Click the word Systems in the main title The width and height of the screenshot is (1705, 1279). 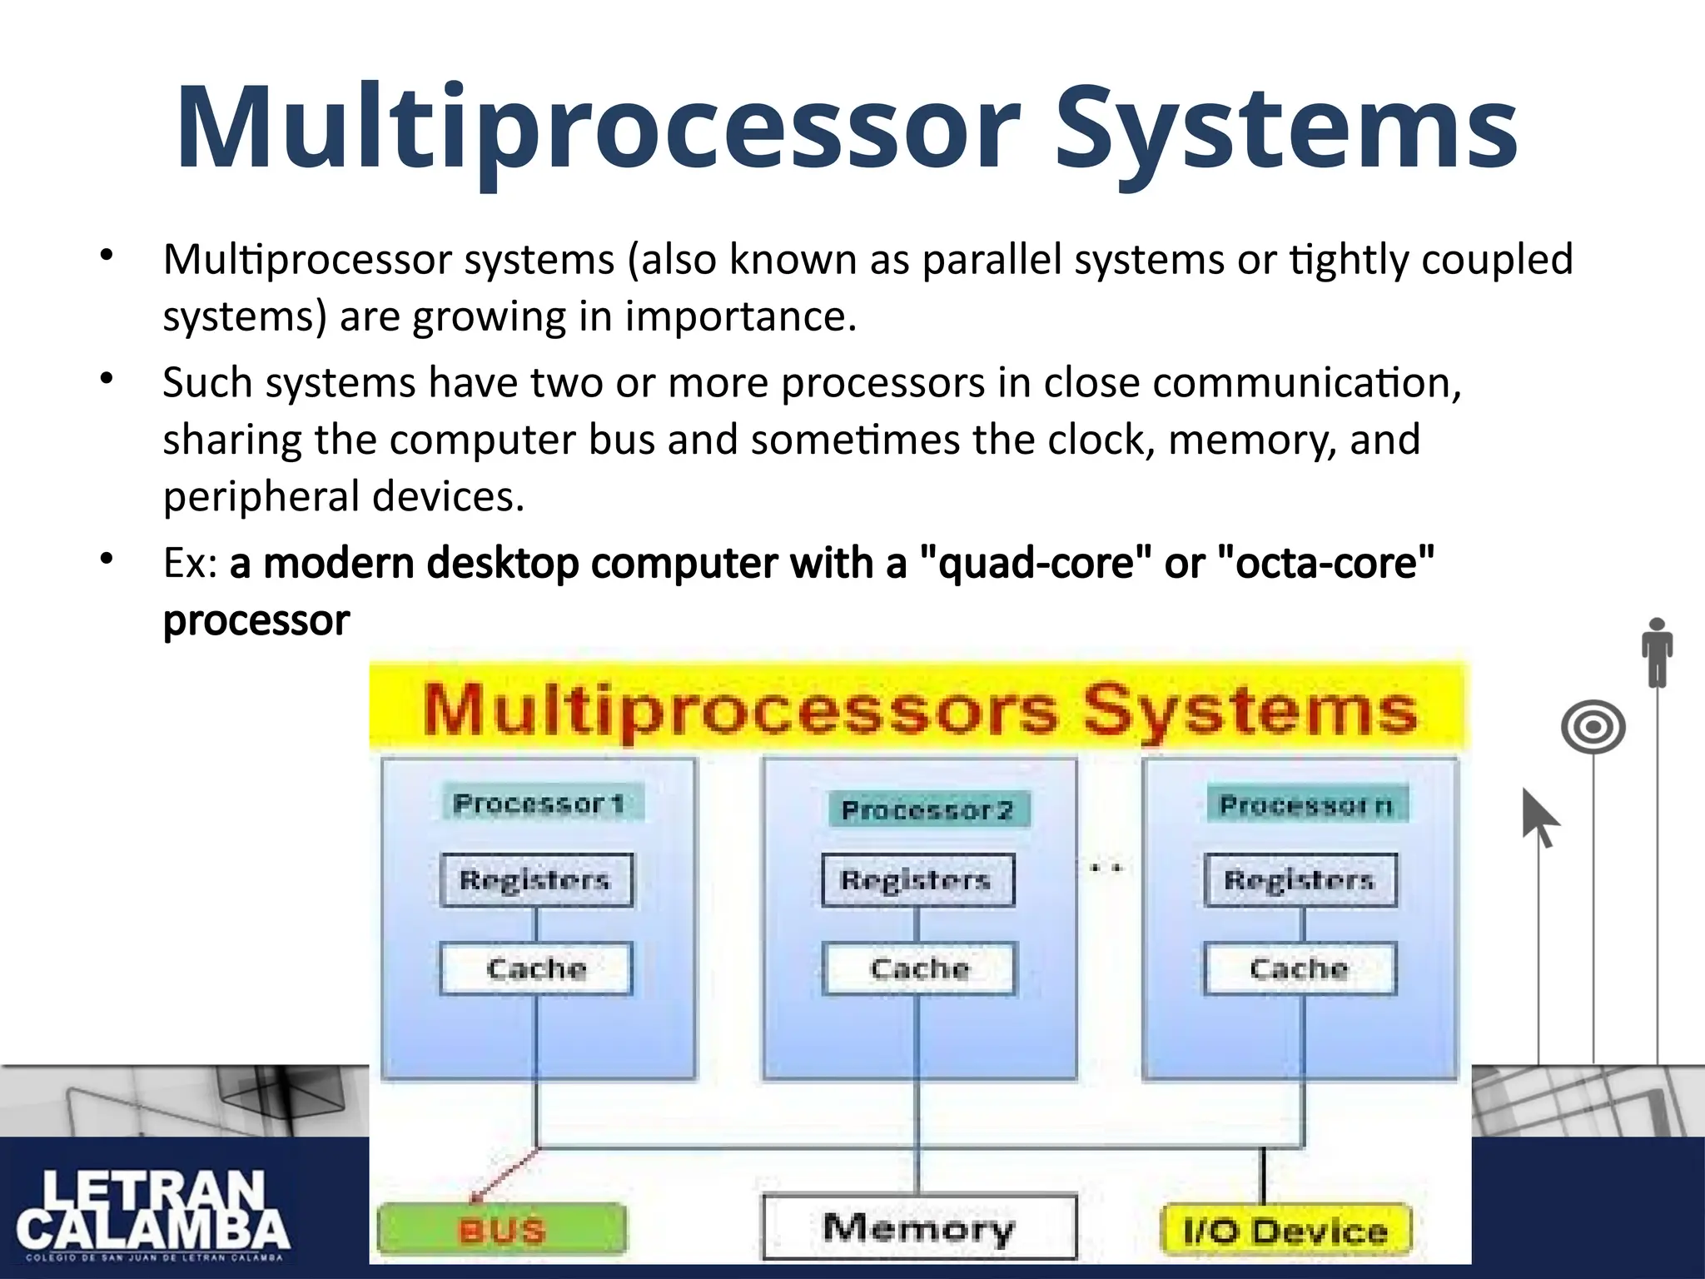click(x=1286, y=129)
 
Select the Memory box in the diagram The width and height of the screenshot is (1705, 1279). click(x=919, y=1227)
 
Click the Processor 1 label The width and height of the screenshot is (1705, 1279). click(x=539, y=804)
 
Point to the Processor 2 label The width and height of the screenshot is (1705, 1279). click(x=927, y=809)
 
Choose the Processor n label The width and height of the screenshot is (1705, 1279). click(x=1306, y=805)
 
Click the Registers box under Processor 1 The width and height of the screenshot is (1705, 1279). click(x=536, y=880)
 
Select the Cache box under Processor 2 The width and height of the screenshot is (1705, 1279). click(x=919, y=968)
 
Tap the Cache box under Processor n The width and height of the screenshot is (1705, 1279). click(x=1300, y=968)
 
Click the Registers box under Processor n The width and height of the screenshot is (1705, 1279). click(x=1300, y=880)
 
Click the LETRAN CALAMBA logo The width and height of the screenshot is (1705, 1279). click(x=153, y=1212)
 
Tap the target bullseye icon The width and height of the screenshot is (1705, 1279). click(x=1593, y=727)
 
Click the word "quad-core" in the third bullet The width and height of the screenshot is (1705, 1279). click(x=1036, y=564)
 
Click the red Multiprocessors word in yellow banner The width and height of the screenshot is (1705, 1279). click(x=741, y=709)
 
